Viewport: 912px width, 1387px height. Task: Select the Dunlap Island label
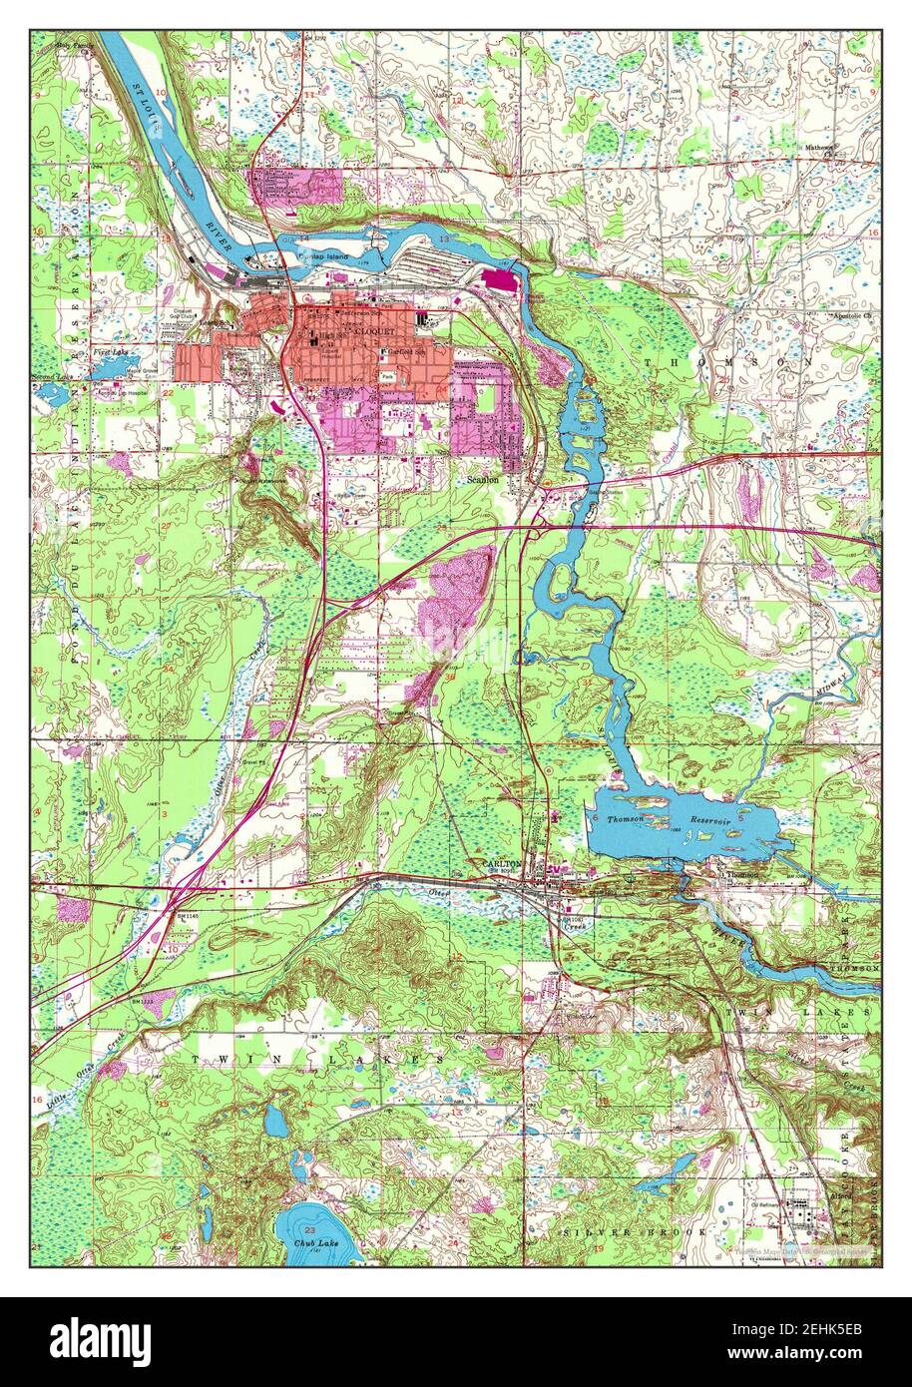320,254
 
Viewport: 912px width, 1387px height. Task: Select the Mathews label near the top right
821,149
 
